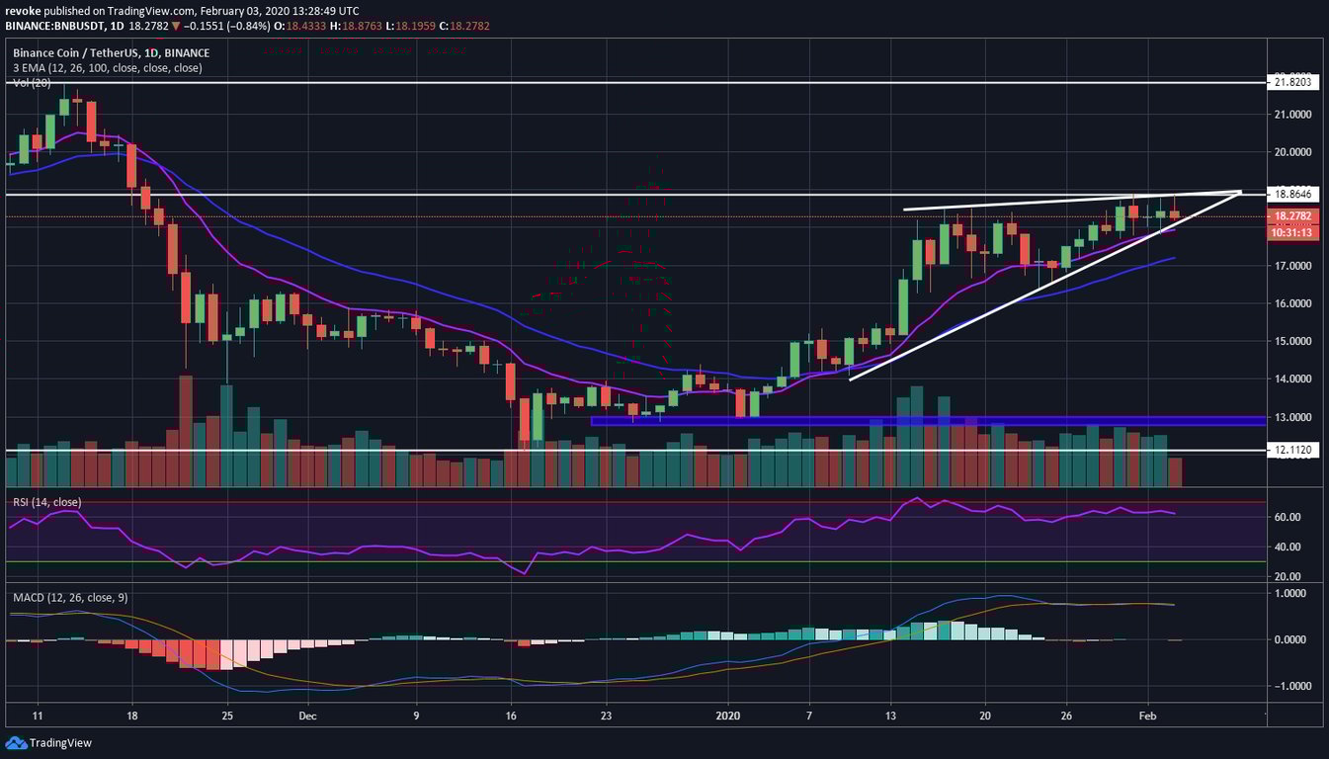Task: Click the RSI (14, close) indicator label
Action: (46, 502)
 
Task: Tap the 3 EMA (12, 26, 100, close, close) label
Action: (107, 68)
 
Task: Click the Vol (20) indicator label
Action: (32, 83)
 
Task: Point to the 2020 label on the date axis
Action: (727, 715)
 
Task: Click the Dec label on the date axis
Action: (306, 715)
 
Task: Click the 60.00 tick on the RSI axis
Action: (1292, 517)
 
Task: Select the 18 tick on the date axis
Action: (132, 715)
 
